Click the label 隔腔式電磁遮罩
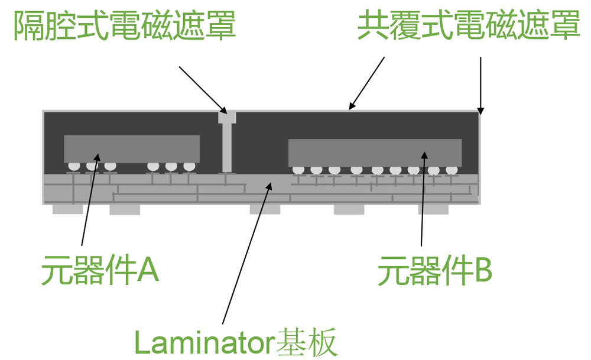point(125,25)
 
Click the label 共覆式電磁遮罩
point(469,25)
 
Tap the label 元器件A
point(100,270)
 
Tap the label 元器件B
point(435,270)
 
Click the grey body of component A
point(132,149)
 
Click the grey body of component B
point(375,153)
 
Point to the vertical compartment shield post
point(228,142)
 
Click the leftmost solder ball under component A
point(74,166)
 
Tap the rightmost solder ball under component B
point(452,170)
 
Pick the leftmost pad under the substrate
point(67,209)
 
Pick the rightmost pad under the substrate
point(433,210)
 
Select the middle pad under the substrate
point(265,210)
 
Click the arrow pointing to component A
point(90,199)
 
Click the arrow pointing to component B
point(423,199)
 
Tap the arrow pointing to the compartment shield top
point(203,90)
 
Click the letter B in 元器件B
point(483,270)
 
